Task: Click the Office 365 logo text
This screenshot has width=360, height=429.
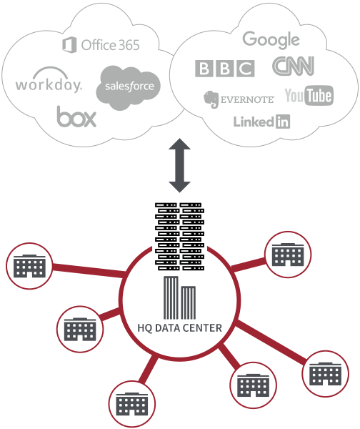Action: pyautogui.click(x=110, y=45)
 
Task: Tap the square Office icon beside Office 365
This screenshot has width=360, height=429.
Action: pyautogui.click(x=69, y=45)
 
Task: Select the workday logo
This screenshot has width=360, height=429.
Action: pyautogui.click(x=49, y=80)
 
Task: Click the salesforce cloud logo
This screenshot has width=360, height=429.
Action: pyautogui.click(x=128, y=87)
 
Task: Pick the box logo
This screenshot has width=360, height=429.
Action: pyautogui.click(x=76, y=117)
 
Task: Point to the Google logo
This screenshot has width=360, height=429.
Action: pyautogui.click(x=271, y=40)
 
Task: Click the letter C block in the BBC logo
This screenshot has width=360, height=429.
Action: pyautogui.click(x=246, y=69)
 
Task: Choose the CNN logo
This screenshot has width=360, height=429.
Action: pyautogui.click(x=293, y=66)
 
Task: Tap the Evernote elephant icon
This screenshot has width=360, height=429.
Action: pyautogui.click(x=211, y=99)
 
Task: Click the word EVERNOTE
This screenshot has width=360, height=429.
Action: pyautogui.click(x=247, y=100)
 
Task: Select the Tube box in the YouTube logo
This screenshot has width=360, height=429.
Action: pyautogui.click(x=319, y=96)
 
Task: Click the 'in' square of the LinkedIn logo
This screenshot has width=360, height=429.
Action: pyautogui.click(x=283, y=122)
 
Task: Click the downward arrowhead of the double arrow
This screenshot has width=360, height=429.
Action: pyautogui.click(x=179, y=187)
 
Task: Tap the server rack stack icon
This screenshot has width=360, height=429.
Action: pyautogui.click(x=179, y=237)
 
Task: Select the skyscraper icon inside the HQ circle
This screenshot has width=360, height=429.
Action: pyautogui.click(x=179, y=297)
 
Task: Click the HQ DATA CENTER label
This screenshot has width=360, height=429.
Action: pyautogui.click(x=179, y=327)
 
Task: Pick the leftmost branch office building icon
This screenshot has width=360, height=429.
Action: pyautogui.click(x=29, y=266)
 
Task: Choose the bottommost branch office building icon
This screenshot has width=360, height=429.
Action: pyautogui.click(x=132, y=404)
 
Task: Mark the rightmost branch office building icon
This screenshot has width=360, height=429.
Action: pyautogui.click(x=325, y=374)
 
